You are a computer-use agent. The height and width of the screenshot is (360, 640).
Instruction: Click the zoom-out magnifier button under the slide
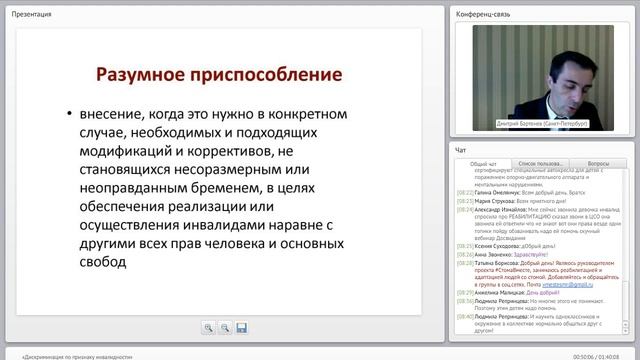click(x=225, y=327)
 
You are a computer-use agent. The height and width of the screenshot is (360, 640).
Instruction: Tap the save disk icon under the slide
click(x=242, y=327)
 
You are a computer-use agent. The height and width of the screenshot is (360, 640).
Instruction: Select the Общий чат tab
click(x=484, y=162)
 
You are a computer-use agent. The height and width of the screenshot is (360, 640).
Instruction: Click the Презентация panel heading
click(x=32, y=14)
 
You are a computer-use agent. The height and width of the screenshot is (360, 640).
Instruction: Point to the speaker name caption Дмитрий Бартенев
click(x=541, y=123)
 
